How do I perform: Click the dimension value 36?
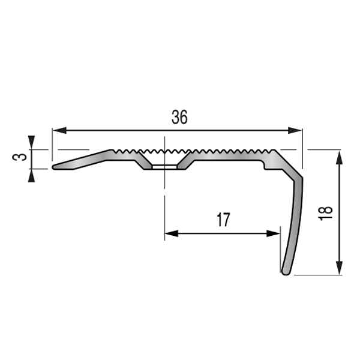tap(179, 118)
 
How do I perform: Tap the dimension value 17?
tap(222, 220)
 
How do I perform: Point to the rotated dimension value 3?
tap(19, 158)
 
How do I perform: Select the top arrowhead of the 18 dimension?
tap(340, 156)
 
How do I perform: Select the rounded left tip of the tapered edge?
tap(55, 167)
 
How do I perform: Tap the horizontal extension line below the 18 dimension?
tap(318, 275)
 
